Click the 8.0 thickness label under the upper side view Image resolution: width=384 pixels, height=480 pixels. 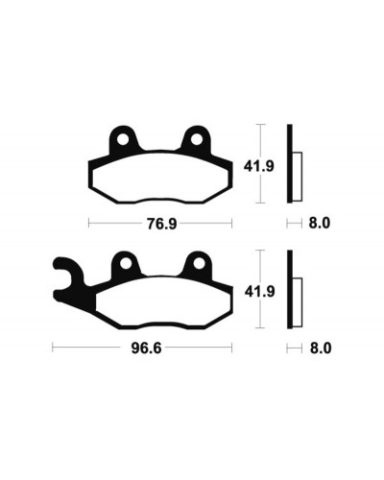coord(320,223)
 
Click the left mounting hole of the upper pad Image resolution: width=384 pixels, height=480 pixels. coord(122,140)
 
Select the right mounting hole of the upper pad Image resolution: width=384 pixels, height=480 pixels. coord(197,140)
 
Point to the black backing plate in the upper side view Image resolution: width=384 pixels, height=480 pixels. coord(289,164)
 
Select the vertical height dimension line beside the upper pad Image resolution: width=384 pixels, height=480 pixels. coord(260,164)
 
